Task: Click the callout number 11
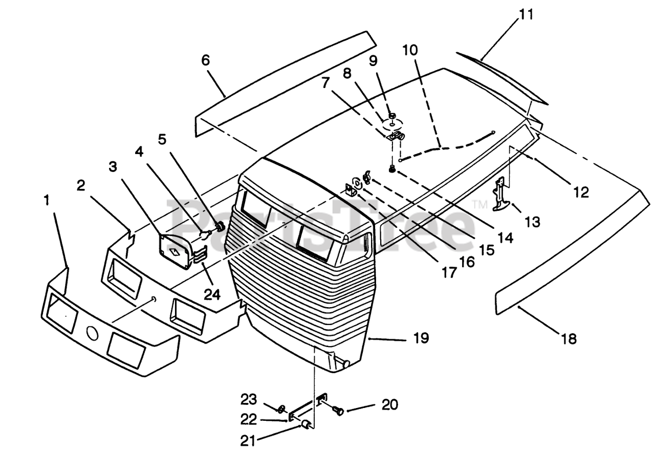[526, 15]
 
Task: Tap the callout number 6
[206, 60]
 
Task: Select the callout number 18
[569, 339]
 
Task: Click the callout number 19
[421, 338]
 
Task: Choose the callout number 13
[532, 222]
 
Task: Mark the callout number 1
[47, 201]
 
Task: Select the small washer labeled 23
[281, 408]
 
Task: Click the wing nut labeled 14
[367, 178]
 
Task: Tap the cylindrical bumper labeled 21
[306, 424]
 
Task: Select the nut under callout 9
[392, 116]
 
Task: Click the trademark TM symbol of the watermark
[480, 204]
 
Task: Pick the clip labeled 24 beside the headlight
[201, 255]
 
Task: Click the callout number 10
[410, 50]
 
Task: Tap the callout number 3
[113, 167]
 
